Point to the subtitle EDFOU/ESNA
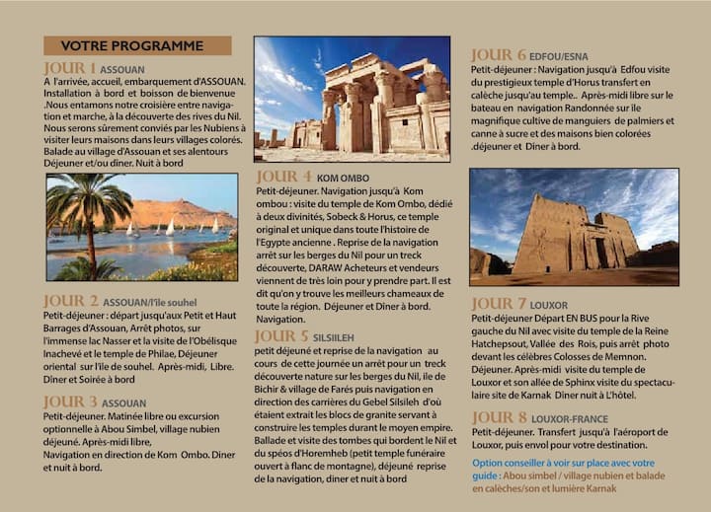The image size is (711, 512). [559, 57]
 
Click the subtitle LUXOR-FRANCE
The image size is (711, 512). [570, 419]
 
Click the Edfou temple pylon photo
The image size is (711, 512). [573, 227]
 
